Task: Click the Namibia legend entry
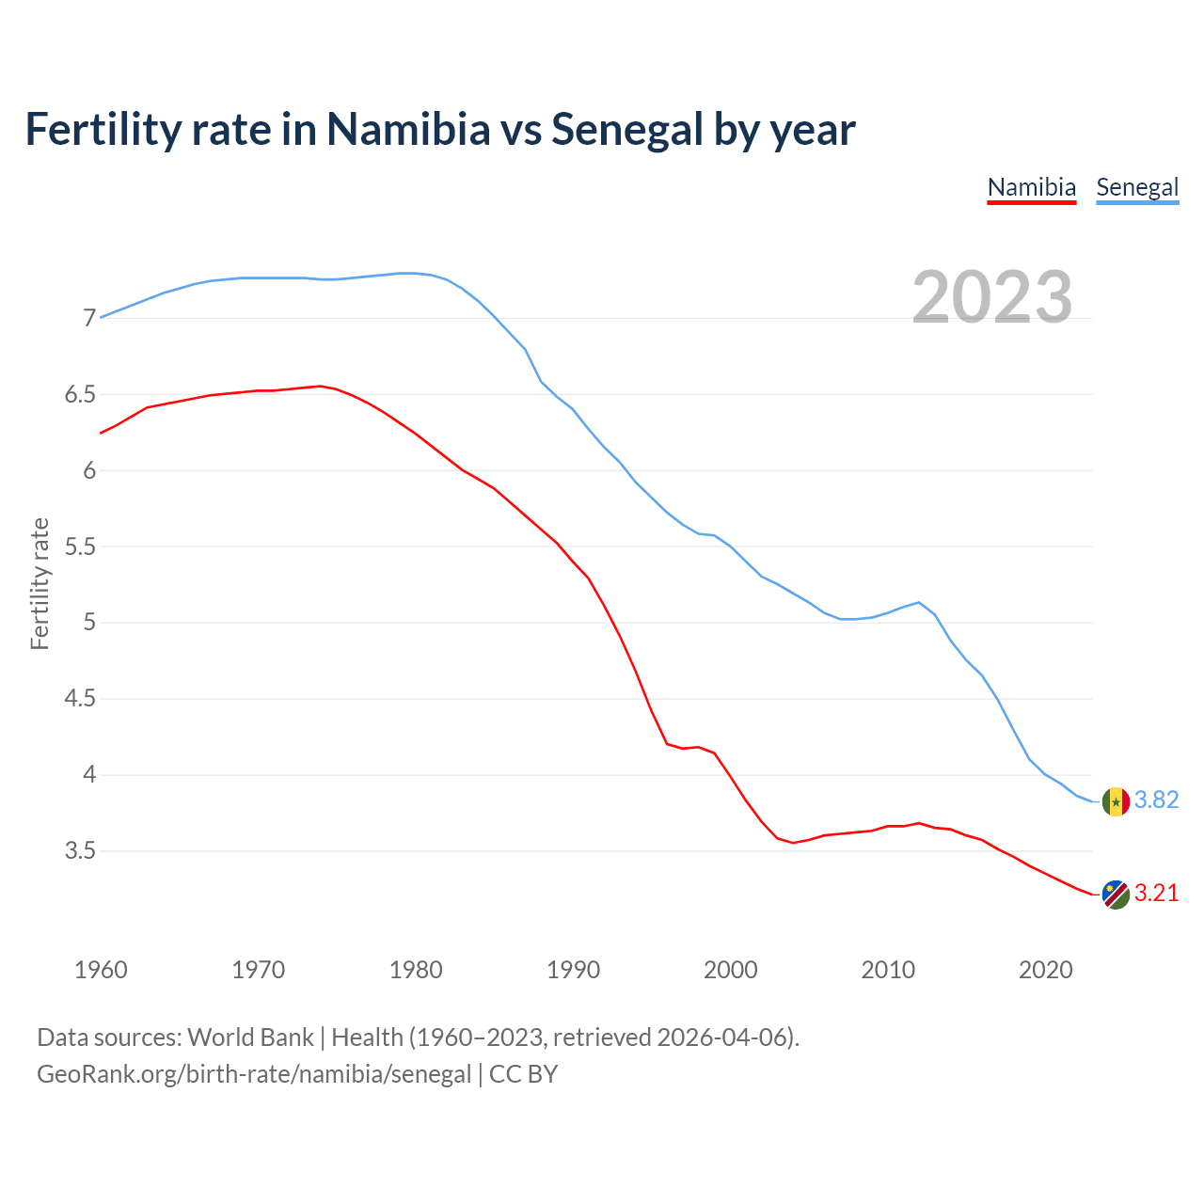[1031, 187]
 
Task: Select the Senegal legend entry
[1137, 187]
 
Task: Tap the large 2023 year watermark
[992, 297]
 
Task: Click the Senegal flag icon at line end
[1116, 801]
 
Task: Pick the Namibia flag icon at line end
[1116, 895]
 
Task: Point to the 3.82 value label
[1156, 800]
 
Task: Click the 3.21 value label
[1156, 893]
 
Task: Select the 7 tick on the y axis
[89, 319]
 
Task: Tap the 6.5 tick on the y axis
[80, 395]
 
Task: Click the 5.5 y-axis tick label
[80, 547]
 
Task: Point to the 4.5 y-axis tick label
[80, 699]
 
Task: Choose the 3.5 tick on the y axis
[80, 851]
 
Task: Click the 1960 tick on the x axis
[101, 970]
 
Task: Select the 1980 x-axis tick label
[416, 970]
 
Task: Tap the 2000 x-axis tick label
[731, 970]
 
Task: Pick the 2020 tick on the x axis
[1046, 970]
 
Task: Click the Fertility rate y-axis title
[40, 583]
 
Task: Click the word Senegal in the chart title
[626, 129]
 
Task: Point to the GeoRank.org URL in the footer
[254, 1074]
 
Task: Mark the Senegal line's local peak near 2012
[918, 602]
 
